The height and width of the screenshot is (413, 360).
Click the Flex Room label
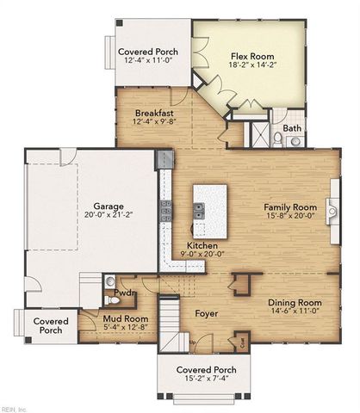click(x=251, y=56)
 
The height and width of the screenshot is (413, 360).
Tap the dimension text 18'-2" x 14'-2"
click(x=251, y=65)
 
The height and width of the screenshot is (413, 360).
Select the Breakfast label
click(x=154, y=113)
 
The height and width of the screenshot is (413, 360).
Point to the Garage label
click(x=103, y=206)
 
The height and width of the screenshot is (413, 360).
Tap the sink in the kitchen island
click(x=199, y=209)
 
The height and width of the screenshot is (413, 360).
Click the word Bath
click(x=293, y=128)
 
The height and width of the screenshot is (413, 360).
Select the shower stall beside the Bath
click(x=258, y=134)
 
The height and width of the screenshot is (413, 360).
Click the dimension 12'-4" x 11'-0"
click(x=147, y=61)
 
